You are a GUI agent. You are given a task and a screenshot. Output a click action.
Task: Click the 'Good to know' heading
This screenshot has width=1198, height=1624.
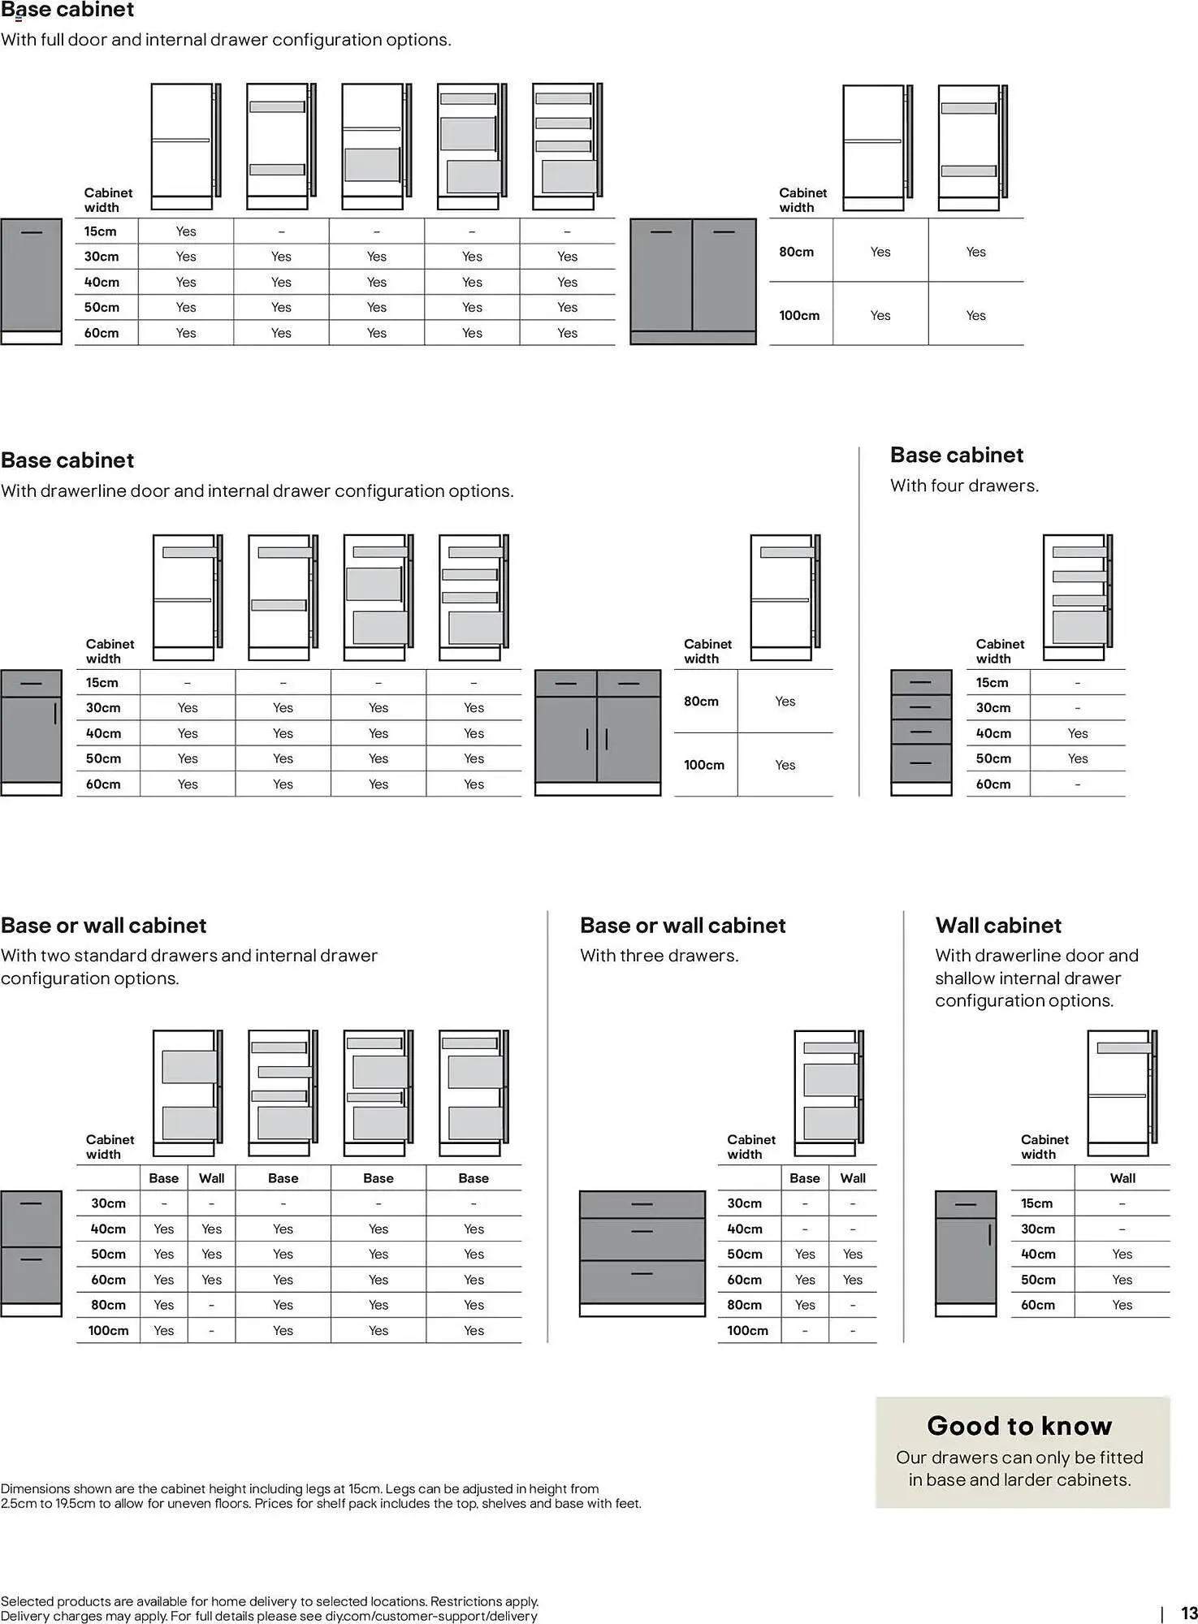(x=1019, y=1426)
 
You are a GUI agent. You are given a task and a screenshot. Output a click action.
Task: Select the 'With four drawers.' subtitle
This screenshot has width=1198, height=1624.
(x=964, y=486)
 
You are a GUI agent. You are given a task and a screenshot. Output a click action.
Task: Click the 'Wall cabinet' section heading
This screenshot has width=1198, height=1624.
(x=998, y=926)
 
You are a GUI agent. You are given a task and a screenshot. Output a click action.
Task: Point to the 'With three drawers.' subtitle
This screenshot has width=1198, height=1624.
(x=659, y=956)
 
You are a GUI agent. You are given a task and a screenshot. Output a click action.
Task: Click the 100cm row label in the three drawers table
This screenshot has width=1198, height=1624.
(x=747, y=1331)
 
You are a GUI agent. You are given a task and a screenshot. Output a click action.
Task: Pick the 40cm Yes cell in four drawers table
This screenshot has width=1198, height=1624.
(x=1077, y=733)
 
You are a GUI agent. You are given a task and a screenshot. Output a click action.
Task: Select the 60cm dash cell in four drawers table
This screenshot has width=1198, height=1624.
(x=1077, y=784)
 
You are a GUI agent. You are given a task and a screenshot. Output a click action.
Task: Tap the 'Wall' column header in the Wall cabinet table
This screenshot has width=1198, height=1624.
(x=1122, y=1178)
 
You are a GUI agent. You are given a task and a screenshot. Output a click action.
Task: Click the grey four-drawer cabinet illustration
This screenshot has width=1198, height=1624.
(x=921, y=732)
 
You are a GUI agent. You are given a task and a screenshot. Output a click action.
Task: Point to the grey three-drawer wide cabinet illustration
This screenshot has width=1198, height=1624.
(x=642, y=1253)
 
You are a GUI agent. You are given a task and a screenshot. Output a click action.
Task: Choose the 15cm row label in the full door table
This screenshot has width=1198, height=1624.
(x=100, y=231)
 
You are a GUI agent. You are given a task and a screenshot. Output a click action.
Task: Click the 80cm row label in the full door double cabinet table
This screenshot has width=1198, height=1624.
(x=796, y=252)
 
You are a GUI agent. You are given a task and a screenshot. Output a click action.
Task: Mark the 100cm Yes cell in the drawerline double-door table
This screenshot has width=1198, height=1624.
(x=785, y=765)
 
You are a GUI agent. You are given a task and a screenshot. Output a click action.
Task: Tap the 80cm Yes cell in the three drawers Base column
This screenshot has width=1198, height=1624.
(x=805, y=1305)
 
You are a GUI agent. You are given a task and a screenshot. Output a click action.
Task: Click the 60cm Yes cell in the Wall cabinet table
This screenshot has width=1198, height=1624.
(x=1122, y=1305)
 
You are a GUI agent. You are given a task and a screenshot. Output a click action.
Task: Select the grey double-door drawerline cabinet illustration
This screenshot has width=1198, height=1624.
(x=598, y=732)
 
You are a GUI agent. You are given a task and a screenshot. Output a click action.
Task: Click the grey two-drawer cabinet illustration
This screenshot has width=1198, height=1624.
(x=31, y=1253)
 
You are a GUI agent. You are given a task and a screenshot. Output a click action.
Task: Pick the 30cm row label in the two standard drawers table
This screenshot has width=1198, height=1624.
(x=108, y=1203)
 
